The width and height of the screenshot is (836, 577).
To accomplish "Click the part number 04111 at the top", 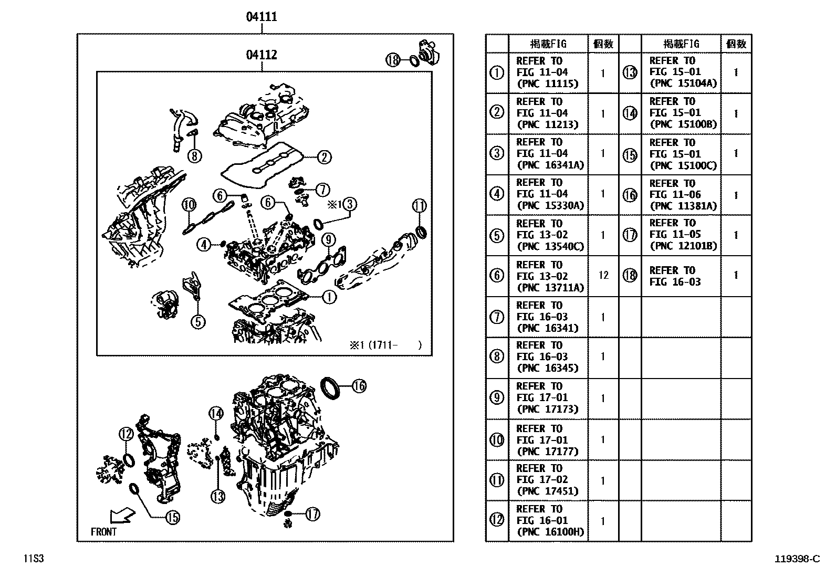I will coord(262,17).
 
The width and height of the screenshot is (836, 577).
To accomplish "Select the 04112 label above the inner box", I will coord(262,55).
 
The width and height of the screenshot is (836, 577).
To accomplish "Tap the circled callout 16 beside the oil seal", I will coord(359,386).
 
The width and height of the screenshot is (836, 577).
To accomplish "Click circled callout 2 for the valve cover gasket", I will coord(324,157).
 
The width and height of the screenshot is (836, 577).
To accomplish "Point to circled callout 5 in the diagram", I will coord(198,321).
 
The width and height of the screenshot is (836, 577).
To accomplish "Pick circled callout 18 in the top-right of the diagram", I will coord(393,60).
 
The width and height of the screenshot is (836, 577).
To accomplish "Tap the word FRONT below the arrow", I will coord(104,532).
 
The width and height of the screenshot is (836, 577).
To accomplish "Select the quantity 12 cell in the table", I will coord(603,275).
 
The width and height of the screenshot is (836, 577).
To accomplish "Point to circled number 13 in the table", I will coord(630,72).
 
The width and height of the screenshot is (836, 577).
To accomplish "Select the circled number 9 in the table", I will coord(497,398).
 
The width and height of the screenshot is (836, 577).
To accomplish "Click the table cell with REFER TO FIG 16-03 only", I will coord(674,276).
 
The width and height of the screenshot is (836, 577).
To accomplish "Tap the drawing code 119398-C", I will coord(797,559).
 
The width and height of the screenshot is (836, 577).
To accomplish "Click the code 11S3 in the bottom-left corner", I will coord(33,559).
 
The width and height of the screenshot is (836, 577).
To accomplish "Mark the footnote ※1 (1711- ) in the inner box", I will coord(385,345).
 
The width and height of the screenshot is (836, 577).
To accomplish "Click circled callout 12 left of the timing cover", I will coord(126,434).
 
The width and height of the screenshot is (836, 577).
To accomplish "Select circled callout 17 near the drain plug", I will coord(312,515).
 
